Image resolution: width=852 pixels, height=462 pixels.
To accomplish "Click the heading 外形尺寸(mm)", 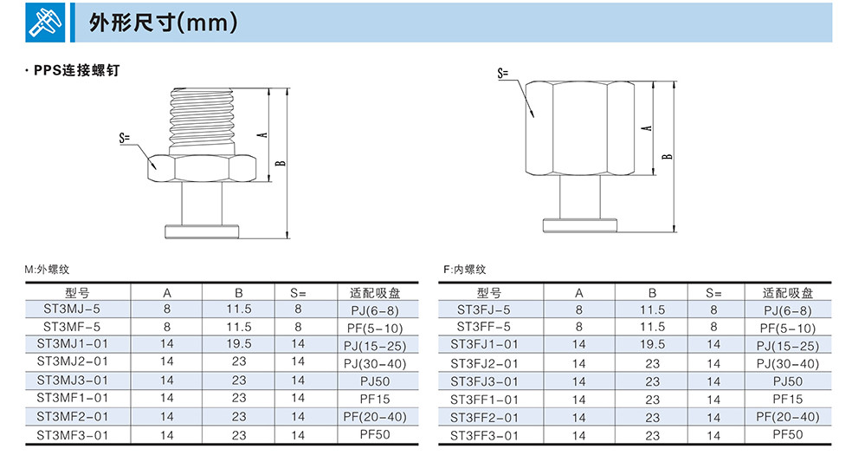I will point(163,23).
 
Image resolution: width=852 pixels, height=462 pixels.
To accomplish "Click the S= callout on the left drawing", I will point(126,138).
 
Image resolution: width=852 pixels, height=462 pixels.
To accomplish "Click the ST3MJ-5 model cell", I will point(72,309).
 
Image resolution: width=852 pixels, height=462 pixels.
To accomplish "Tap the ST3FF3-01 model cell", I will point(484,436).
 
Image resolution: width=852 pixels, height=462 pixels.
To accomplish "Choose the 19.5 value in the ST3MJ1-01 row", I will point(239,344).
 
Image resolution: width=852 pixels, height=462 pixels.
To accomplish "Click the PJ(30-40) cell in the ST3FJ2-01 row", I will point(787,364).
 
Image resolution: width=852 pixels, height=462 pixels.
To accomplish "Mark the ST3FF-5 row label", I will point(484,328).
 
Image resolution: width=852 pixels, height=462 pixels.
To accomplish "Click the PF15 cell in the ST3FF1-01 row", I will point(787,400).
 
